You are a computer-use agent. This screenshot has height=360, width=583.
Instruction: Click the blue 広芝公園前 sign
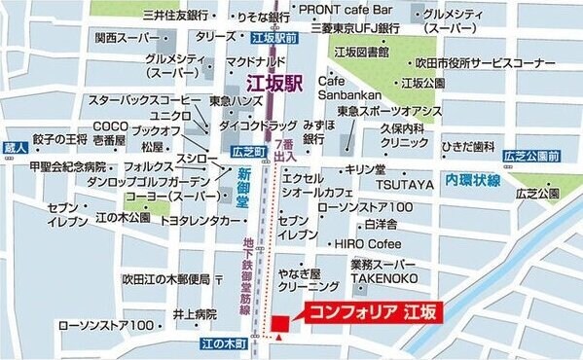[x=530, y=156]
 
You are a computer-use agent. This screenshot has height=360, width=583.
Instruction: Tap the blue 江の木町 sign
[x=225, y=342]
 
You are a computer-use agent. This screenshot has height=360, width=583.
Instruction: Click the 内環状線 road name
[x=473, y=182]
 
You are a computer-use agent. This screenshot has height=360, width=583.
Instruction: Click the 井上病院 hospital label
[x=194, y=313]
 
